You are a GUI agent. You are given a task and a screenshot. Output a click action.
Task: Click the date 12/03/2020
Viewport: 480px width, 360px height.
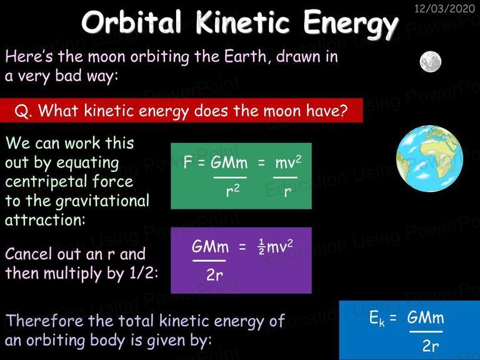444,8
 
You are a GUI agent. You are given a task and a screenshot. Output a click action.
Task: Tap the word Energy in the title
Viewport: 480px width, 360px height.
351,25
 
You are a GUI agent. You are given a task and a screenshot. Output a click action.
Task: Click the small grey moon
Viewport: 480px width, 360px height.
431,61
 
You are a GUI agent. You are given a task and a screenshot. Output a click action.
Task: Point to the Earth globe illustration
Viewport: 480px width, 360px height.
429,159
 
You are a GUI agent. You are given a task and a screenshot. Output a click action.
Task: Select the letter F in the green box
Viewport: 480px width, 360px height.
187,162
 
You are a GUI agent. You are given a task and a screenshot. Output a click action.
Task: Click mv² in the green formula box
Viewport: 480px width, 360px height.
288,162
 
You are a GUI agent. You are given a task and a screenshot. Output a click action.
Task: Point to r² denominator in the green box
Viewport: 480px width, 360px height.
232,191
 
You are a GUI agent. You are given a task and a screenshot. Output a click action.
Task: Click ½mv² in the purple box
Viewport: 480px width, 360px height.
276,246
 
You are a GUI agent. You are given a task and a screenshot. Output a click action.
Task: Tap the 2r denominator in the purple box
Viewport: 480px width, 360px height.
214,274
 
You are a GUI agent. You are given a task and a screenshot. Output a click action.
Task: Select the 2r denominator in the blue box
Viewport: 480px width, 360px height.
431,346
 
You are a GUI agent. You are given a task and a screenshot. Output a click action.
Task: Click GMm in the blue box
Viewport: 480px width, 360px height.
426,317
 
